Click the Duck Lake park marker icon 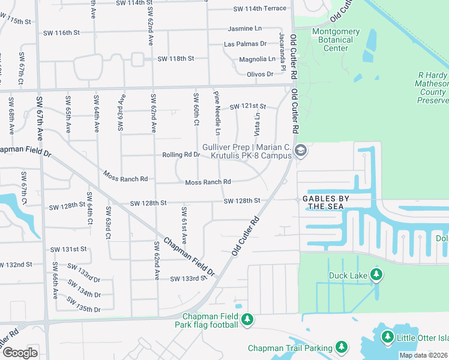coord(376,275)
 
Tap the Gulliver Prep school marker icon coord(302,150)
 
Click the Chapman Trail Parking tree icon coord(342,347)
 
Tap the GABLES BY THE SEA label coord(326,202)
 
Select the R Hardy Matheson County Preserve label coord(432,88)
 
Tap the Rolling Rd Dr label coord(181,155)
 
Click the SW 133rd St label coord(188,278)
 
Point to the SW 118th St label coord(176,59)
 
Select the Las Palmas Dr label coord(245,44)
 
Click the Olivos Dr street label coord(260,74)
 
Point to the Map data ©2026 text coord(423,355)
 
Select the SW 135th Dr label coord(83,304)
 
